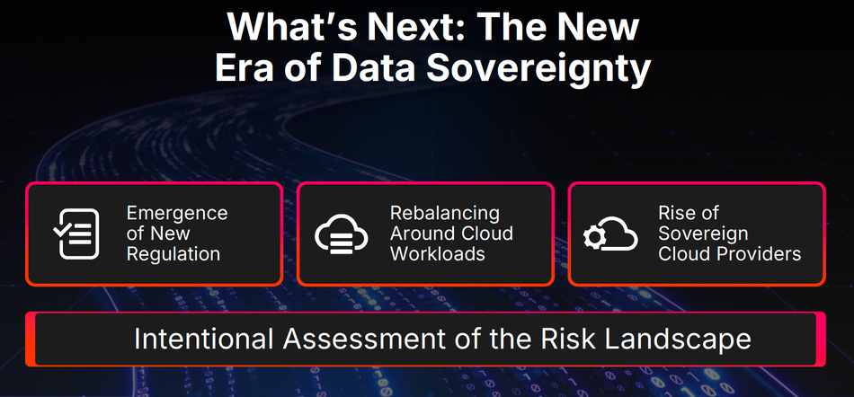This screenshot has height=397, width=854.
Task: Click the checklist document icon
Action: (x=76, y=234)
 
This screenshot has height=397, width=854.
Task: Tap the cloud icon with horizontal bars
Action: (x=341, y=234)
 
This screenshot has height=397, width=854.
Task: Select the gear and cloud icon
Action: (x=610, y=234)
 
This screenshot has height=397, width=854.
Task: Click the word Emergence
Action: (x=177, y=214)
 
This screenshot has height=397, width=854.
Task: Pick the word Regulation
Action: (x=173, y=254)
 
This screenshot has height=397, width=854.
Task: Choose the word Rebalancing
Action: (x=444, y=213)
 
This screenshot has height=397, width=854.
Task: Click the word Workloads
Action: (x=438, y=254)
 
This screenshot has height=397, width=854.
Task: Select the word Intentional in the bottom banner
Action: (x=204, y=339)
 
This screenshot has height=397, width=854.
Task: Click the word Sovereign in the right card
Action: (x=703, y=234)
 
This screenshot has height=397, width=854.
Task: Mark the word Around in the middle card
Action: (x=419, y=234)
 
